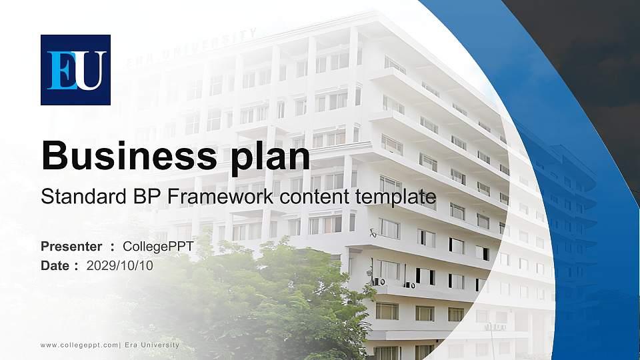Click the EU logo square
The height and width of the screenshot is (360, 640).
[75, 70]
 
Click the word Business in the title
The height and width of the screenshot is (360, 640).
[129, 156]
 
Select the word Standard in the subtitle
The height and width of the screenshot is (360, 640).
[84, 196]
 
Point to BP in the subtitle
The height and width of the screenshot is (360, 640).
[147, 196]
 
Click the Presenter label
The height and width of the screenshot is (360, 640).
[71, 247]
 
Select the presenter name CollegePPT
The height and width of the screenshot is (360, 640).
[158, 247]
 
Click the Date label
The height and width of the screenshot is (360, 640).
[55, 266]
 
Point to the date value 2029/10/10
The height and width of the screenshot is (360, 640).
[120, 266]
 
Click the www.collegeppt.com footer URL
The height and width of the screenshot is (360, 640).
[79, 345]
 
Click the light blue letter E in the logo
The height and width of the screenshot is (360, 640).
[61, 70]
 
